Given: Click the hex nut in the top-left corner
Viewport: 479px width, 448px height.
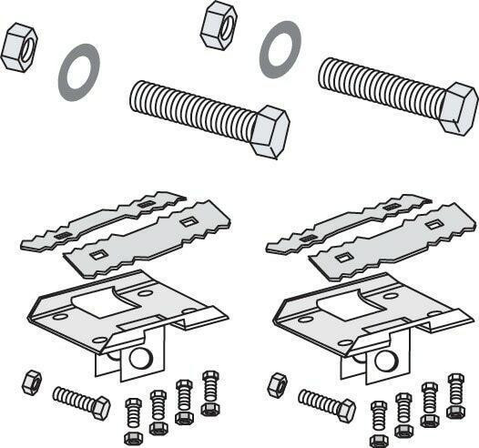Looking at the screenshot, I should (x=18, y=47).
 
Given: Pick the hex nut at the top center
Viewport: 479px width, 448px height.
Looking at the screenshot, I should (x=219, y=25).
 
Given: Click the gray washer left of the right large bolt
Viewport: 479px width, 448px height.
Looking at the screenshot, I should (x=280, y=49).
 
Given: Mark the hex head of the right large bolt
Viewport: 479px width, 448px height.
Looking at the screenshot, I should (x=458, y=108).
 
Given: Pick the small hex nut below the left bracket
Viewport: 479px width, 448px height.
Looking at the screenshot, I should (x=32, y=382).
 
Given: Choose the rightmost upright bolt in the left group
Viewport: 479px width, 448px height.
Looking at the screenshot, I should (x=210, y=392).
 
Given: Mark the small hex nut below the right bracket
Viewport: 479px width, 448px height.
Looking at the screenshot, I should (x=277, y=384).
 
